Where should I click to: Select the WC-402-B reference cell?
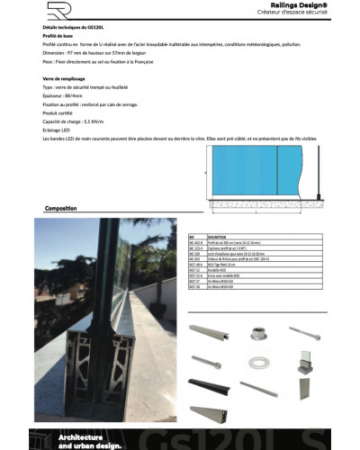click(x=195, y=242)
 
